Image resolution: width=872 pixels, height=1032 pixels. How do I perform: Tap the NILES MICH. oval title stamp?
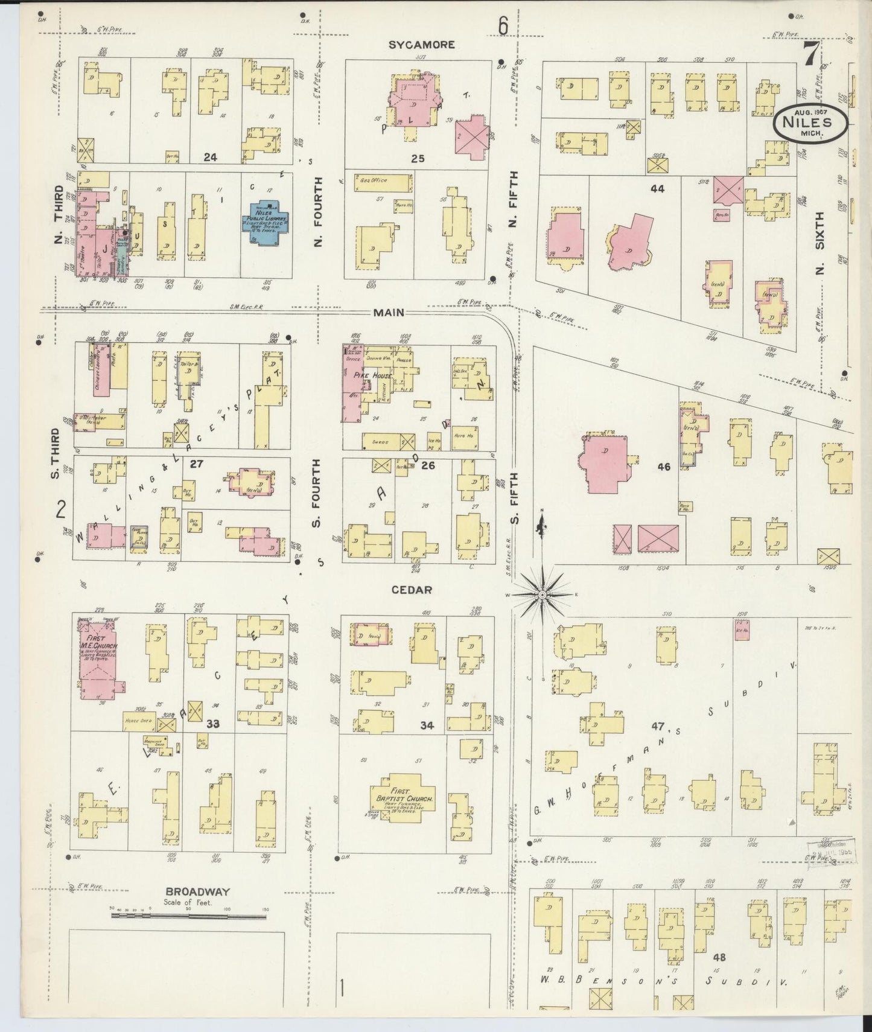click(811, 122)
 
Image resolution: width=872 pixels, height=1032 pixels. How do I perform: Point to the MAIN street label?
click(388, 313)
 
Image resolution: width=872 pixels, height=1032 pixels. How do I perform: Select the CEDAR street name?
click(412, 590)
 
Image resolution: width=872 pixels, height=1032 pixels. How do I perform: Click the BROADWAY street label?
click(189, 891)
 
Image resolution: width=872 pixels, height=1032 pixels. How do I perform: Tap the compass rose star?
click(542, 594)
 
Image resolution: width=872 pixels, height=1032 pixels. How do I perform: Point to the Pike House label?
click(368, 376)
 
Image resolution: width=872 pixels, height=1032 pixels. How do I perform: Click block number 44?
click(657, 189)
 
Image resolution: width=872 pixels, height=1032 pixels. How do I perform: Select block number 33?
click(213, 724)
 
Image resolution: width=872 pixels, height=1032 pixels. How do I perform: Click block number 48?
click(719, 957)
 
